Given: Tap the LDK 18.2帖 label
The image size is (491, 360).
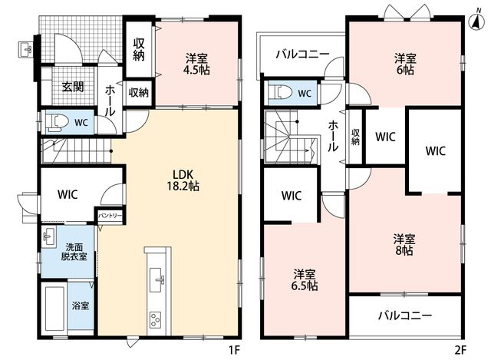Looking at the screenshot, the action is pos(183,180).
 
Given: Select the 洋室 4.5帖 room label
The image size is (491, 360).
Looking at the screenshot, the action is pos(196,64).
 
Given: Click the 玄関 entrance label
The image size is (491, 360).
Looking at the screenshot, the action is pos(73,86).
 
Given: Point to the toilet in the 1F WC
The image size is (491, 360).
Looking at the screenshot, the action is pos(56,123).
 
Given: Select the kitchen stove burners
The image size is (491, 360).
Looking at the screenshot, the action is pos(155,319).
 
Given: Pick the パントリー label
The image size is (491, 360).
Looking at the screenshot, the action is pos(110,216).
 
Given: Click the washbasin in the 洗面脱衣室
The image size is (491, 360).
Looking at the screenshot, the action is pos(49,236).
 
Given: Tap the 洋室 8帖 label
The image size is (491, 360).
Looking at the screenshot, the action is pos(404,245).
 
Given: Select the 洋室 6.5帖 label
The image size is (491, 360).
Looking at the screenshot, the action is pos(304,280).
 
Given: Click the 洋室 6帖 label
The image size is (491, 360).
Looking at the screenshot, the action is pos(405,64).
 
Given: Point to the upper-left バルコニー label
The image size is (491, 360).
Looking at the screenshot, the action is pos(302,54).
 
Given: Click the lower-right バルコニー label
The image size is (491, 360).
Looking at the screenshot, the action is pos(405,315).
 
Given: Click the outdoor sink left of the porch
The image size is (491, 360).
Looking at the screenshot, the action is pos(25,49).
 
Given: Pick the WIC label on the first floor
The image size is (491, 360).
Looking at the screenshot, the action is pos(68,194).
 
